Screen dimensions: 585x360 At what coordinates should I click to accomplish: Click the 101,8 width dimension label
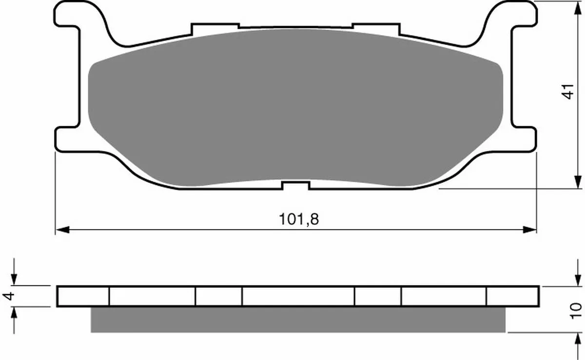point(299,219)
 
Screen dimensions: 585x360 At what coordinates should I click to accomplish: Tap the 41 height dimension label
point(568,91)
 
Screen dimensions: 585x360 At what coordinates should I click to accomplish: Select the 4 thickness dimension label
point(8,296)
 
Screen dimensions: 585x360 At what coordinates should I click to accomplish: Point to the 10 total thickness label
point(575,311)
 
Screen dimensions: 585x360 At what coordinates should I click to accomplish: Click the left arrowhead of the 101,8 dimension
point(63,230)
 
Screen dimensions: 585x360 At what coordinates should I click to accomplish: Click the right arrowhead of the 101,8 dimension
point(529,230)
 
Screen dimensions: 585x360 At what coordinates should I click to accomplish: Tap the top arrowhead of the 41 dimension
point(578,8)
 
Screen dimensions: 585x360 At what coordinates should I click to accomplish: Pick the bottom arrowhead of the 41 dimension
point(578,182)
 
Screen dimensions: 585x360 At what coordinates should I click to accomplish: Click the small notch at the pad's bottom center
point(295,185)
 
